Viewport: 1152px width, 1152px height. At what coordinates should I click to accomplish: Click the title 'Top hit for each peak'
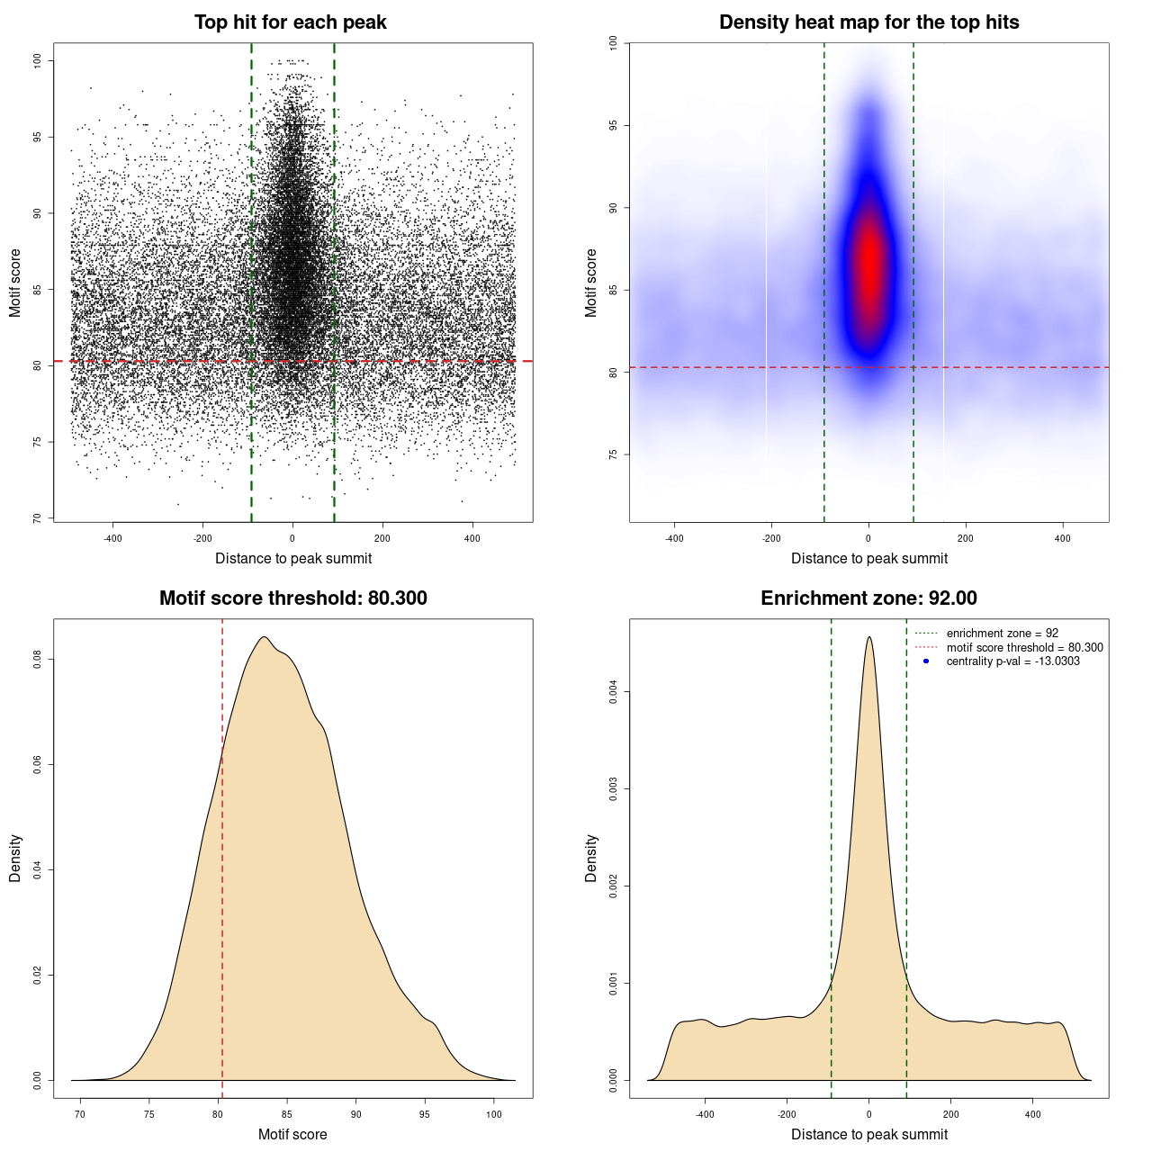pyautogui.click(x=290, y=22)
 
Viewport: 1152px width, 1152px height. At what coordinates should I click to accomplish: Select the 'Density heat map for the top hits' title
pyautogui.click(x=868, y=22)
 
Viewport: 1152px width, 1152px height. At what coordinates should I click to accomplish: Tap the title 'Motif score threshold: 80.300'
pyautogui.click(x=292, y=598)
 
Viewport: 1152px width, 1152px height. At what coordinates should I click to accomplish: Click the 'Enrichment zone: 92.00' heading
pyautogui.click(x=868, y=598)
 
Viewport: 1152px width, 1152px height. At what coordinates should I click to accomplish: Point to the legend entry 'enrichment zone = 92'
pyautogui.click(x=1002, y=634)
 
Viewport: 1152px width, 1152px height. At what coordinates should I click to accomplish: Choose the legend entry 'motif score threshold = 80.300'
pyautogui.click(x=1024, y=647)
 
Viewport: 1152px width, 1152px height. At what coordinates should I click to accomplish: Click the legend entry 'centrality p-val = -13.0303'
pyautogui.click(x=1012, y=661)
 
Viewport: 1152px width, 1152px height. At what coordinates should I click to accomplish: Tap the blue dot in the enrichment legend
pyautogui.click(x=926, y=661)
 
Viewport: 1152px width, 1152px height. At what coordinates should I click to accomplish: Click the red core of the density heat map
pyautogui.click(x=869, y=261)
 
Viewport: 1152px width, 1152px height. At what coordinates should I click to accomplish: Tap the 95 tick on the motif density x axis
pyautogui.click(x=425, y=1114)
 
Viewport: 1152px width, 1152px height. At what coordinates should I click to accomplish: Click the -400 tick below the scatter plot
pyautogui.click(x=112, y=538)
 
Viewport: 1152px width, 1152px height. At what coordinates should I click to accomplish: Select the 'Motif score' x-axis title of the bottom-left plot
pyautogui.click(x=292, y=1134)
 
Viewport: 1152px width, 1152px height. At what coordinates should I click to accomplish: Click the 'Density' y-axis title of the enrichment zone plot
pyautogui.click(x=591, y=858)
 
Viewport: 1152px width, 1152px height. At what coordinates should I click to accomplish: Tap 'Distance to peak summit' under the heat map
pyautogui.click(x=868, y=558)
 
